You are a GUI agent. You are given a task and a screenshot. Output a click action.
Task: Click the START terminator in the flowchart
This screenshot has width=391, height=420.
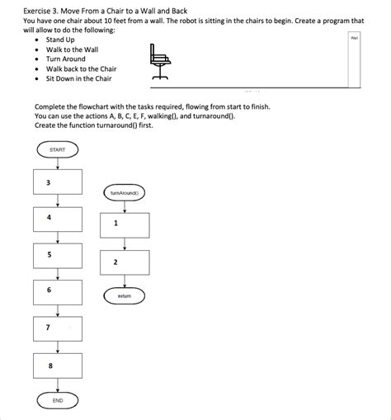(58, 149)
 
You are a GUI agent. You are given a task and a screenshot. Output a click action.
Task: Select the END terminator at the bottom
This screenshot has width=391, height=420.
(58, 400)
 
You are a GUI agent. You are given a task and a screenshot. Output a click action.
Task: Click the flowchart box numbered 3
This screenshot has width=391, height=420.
(58, 182)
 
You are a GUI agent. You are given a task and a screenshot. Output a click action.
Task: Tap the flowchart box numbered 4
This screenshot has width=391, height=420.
(58, 219)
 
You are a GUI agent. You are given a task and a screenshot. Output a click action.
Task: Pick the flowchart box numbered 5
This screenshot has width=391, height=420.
(58, 255)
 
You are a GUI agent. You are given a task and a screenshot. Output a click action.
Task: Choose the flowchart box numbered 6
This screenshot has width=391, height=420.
(58, 291)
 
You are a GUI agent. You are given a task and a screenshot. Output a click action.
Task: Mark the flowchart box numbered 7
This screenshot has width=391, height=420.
(58, 328)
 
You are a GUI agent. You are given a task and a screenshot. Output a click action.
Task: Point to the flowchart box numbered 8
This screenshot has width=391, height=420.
(58, 365)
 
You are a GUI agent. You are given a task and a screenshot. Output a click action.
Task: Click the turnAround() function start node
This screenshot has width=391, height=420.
(125, 192)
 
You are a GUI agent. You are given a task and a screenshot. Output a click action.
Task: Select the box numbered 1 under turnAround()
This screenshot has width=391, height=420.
(125, 223)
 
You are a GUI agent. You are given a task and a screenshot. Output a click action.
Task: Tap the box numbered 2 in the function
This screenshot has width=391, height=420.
(125, 262)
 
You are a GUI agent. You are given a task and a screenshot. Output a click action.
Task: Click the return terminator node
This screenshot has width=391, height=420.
(125, 295)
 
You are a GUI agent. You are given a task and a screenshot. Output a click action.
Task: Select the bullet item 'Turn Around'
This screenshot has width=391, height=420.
(65, 59)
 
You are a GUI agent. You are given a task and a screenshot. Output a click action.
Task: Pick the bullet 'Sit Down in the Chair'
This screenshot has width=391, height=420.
(78, 79)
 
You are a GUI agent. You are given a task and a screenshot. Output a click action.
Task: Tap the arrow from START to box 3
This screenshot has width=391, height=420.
(58, 163)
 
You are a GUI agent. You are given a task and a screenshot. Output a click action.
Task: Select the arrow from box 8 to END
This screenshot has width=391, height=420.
(58, 385)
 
